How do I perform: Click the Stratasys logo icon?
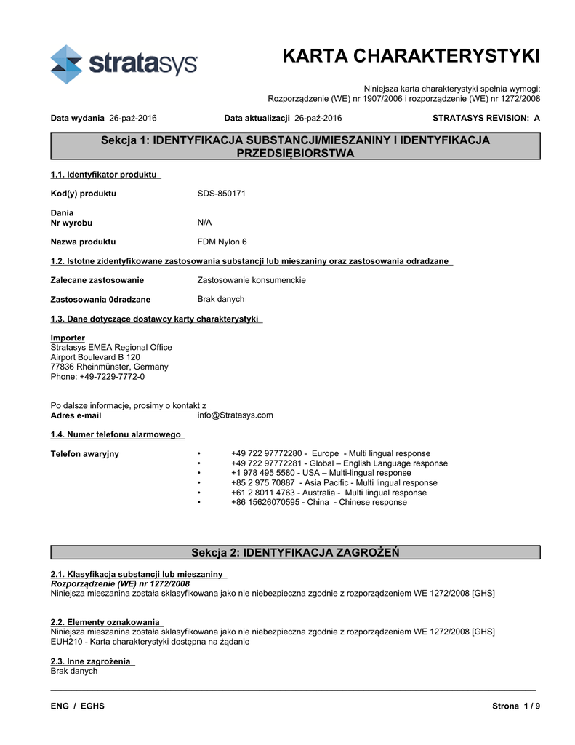pyautogui.click(x=67, y=64)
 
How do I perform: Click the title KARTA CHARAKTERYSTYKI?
pyautogui.click(x=411, y=56)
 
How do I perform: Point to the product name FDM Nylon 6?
pyautogui.click(x=222, y=242)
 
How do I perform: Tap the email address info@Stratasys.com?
pyautogui.click(x=236, y=415)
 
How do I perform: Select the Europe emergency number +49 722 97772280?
pyautogui.click(x=268, y=453)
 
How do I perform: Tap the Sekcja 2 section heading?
pyautogui.click(x=294, y=553)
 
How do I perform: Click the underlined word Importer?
pyautogui.click(x=68, y=338)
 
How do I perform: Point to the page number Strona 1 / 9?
pyautogui.click(x=516, y=706)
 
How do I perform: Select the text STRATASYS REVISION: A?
pyautogui.click(x=486, y=118)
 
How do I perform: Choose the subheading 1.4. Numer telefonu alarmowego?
pyautogui.click(x=116, y=434)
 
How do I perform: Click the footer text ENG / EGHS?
pyautogui.click(x=77, y=706)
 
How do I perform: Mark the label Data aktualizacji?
pyautogui.click(x=257, y=118)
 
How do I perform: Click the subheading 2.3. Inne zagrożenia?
pyautogui.click(x=91, y=661)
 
